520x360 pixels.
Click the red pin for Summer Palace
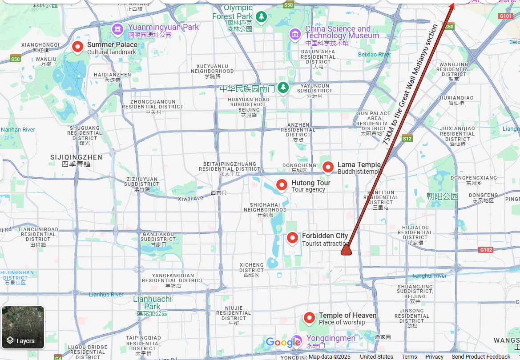coord(78,47)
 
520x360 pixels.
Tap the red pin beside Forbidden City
coord(292,238)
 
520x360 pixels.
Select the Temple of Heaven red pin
coord(309,318)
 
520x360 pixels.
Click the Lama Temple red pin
coord(328,167)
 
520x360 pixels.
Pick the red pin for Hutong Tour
coord(282,185)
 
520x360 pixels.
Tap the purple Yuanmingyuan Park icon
coord(117,29)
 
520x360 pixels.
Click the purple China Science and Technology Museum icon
coord(294,33)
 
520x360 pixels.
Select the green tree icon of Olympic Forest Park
coord(262,17)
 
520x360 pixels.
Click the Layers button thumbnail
coord(23,327)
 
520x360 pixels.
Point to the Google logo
coord(283,342)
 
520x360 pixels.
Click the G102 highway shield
coord(486,250)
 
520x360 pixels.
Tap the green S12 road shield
coord(407,139)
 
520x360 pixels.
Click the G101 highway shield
coord(506,16)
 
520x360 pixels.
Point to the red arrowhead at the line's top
coord(451,5)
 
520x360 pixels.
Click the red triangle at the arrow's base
coord(346,252)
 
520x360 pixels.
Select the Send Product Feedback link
coord(481,357)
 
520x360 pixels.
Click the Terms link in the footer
coord(409,357)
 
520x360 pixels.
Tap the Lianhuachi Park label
coord(152,303)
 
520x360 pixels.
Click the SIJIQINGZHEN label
coord(77,157)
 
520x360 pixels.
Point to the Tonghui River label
coord(429,276)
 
